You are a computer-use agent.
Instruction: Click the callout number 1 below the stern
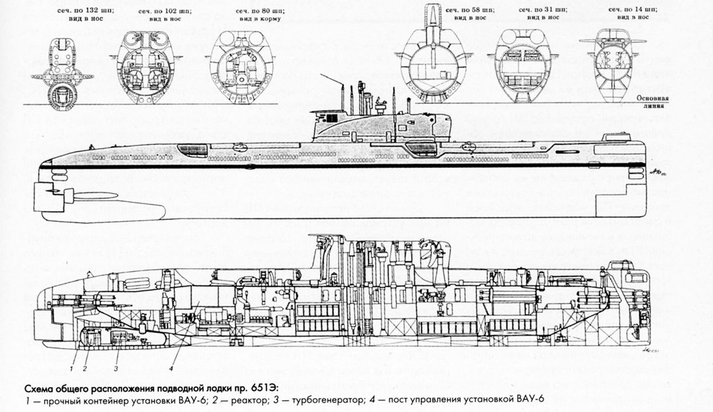[71, 365]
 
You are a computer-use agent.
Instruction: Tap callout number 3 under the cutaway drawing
[117, 365]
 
